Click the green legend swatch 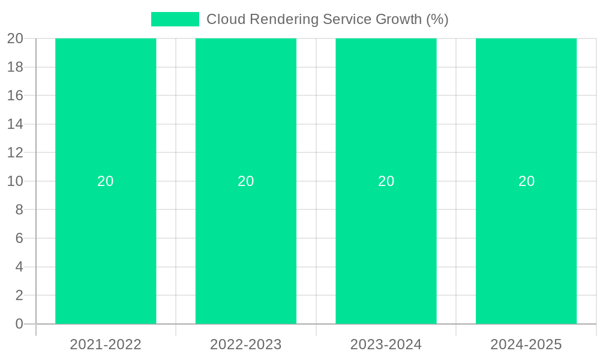tap(175, 19)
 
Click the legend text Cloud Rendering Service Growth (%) tap(327, 19)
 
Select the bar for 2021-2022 tap(106, 240)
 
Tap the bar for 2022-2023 tap(246, 240)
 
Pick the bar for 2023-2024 tap(386, 240)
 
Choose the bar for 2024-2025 tap(526, 240)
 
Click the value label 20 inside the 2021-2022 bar tap(106, 181)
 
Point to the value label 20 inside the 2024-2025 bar tap(526, 181)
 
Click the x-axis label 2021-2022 tap(106, 344)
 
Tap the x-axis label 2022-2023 tap(246, 344)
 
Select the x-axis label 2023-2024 tap(386, 344)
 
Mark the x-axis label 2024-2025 tap(526, 344)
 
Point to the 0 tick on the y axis tap(19, 324)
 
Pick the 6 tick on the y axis tap(19, 238)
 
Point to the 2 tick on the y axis tap(19, 295)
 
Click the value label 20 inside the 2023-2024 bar tap(386, 181)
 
